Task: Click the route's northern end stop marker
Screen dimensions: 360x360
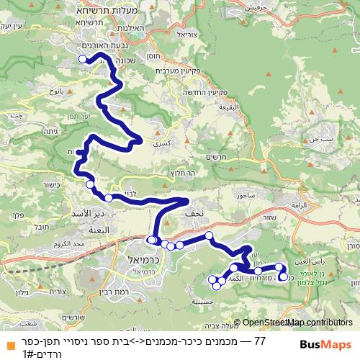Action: (82, 59)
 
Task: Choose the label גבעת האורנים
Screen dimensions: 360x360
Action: (112, 45)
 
